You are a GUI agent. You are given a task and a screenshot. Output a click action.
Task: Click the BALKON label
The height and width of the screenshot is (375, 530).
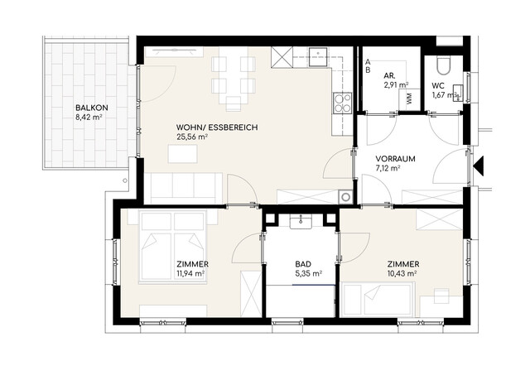(x=92, y=108)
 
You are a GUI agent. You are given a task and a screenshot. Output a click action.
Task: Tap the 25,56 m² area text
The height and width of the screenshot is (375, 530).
(x=191, y=137)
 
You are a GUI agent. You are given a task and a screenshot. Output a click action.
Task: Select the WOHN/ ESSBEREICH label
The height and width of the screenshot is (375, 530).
(x=217, y=127)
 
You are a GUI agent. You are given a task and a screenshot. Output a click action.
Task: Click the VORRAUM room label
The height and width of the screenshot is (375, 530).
(x=396, y=159)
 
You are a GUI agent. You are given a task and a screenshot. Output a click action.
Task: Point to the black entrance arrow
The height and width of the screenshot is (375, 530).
(x=479, y=166)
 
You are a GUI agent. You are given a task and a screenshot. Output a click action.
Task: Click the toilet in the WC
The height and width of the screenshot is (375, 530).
(x=442, y=66)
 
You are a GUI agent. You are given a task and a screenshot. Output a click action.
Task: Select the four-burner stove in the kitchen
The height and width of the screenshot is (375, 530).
(x=342, y=103)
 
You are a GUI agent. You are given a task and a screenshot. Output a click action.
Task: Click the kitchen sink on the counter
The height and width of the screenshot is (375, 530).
(x=318, y=57)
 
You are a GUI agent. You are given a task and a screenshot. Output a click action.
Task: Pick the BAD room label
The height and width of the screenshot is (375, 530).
(x=303, y=264)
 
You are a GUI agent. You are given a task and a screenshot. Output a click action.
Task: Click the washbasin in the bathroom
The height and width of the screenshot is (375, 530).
(x=301, y=223)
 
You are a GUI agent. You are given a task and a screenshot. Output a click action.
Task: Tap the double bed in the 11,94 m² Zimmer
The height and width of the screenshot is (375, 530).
(x=172, y=247)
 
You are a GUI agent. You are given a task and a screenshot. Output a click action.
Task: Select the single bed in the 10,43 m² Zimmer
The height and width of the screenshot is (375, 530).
(x=378, y=300)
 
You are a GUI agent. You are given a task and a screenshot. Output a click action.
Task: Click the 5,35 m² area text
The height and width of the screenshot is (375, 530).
(x=308, y=274)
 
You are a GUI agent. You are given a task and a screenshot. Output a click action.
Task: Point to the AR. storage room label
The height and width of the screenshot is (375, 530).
(x=390, y=75)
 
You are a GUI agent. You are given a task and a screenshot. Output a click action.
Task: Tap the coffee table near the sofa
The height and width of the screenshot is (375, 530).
(x=182, y=154)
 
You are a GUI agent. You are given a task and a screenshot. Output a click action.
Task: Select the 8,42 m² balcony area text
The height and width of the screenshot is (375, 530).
(x=89, y=118)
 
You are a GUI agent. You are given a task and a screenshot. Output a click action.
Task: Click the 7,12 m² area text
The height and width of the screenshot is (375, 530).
(x=388, y=168)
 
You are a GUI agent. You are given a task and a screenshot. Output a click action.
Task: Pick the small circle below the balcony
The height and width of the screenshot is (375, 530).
(x=125, y=180)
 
